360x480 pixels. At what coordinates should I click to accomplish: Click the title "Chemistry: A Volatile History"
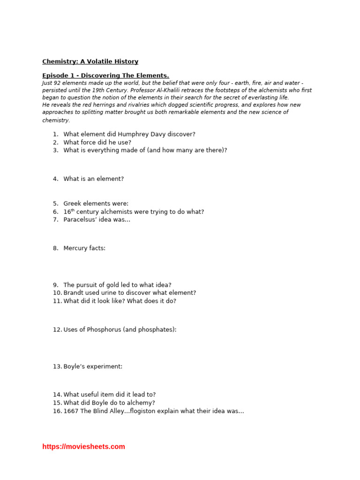pyautogui.click(x=90, y=61)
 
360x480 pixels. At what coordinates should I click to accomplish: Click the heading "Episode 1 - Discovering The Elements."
pyautogui.click(x=105, y=75)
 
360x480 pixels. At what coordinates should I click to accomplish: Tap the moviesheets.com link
pyautogui.click(x=83, y=447)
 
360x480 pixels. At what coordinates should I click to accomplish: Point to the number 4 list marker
pyautogui.click(x=55, y=179)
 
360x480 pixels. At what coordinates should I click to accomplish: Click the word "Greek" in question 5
pyautogui.click(x=73, y=203)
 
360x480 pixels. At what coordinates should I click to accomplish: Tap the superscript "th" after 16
pyautogui.click(x=73, y=210)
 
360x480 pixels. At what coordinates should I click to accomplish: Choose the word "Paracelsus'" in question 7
pyautogui.click(x=80, y=219)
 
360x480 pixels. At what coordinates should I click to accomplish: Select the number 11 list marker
pyautogui.click(x=57, y=301)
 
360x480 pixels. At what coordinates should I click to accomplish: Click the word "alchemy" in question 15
pyautogui.click(x=142, y=403)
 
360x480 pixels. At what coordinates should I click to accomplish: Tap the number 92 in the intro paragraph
pyautogui.click(x=60, y=83)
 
